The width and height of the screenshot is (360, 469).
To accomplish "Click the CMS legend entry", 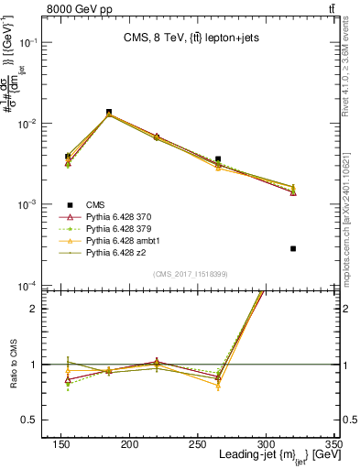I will click(95, 206).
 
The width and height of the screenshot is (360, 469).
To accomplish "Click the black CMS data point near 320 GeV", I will click(293, 248).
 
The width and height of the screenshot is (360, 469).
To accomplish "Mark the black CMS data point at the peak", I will click(109, 112).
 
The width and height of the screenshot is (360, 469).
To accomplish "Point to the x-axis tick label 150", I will click(61, 444).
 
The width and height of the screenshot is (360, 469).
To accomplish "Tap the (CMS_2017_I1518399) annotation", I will click(190, 273).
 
